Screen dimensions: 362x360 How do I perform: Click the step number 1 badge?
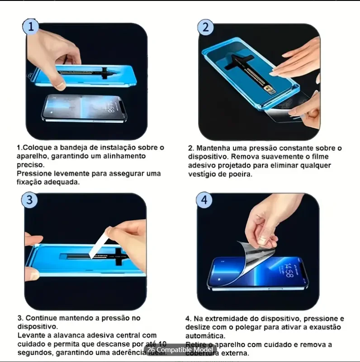click(x=30, y=27)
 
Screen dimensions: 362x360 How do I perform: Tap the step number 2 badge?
click(x=205, y=27)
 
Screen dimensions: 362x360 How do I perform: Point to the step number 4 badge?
click(x=204, y=200)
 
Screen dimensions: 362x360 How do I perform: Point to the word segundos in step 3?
click(x=34, y=352)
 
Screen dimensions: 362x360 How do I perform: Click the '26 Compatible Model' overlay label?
click(x=180, y=350)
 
